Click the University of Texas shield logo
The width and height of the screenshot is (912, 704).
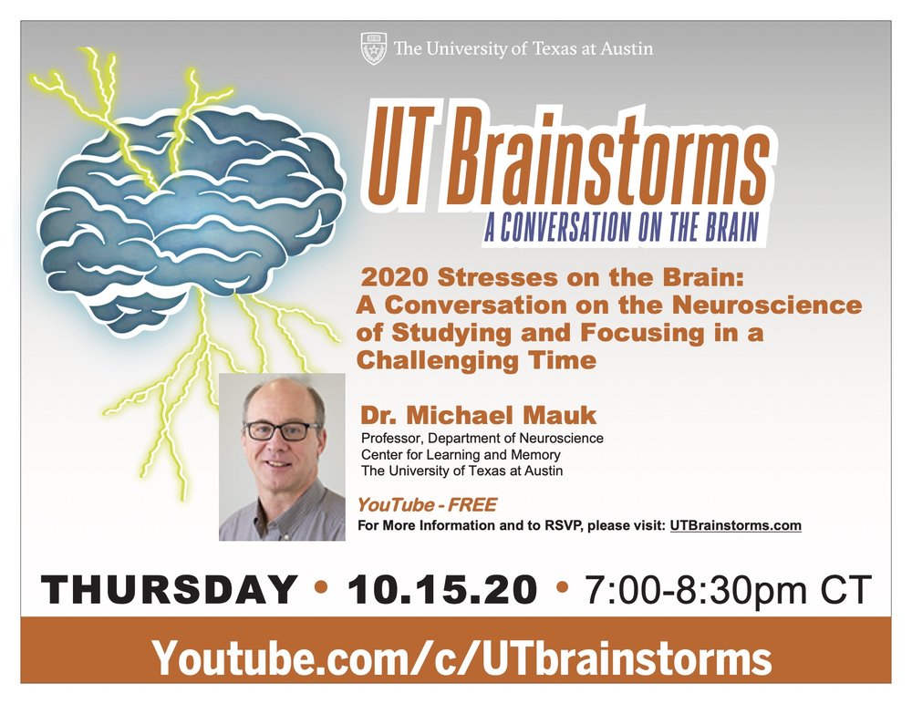(373, 48)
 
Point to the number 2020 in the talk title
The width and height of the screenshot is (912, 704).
(394, 277)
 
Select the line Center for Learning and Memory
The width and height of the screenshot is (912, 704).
(461, 454)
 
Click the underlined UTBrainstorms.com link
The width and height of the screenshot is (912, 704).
(735, 525)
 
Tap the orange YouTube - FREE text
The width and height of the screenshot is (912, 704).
(427, 504)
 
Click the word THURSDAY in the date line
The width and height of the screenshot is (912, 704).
(170, 589)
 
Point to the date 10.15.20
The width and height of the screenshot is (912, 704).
(442, 589)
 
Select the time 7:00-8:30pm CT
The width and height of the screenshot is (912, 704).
(728, 590)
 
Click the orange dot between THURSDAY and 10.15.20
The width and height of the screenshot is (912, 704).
(320, 587)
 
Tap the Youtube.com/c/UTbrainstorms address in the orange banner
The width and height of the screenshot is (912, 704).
(461, 658)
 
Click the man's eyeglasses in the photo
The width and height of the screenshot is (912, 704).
(280, 431)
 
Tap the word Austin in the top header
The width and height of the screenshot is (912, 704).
(627, 48)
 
